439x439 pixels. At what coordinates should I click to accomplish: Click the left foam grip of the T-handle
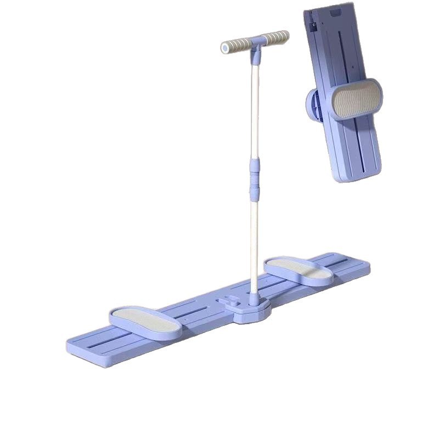[x=237, y=46]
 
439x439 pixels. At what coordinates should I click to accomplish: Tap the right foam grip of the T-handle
[x=275, y=38]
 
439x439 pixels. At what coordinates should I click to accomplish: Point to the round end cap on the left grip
[x=224, y=48]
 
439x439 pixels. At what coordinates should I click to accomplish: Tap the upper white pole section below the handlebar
[x=255, y=110]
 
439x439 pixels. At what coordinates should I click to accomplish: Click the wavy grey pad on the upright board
[x=357, y=99]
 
